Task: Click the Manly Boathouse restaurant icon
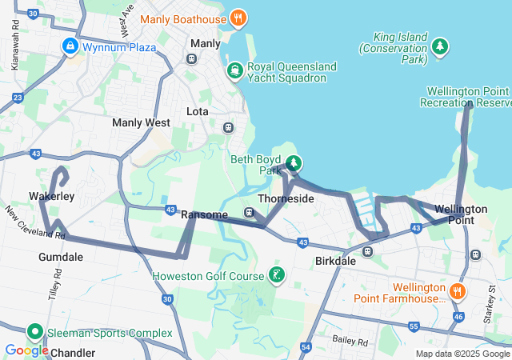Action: [x=238, y=18]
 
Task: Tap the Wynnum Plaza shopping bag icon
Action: [x=70, y=47]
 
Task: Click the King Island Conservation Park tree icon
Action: [x=439, y=48]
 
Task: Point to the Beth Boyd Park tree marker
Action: [x=294, y=164]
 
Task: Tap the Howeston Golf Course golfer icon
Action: [x=276, y=277]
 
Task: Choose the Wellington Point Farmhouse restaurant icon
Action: [x=457, y=290]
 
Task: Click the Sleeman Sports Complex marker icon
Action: [x=35, y=332]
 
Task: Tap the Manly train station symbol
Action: [x=192, y=58]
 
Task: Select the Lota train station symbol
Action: [x=228, y=127]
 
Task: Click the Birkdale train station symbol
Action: [x=368, y=252]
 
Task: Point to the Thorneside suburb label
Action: [x=286, y=198]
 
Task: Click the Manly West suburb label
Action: [x=141, y=123]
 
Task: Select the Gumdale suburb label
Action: [x=60, y=257]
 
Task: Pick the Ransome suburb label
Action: [x=205, y=214]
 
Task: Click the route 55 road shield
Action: [x=414, y=327]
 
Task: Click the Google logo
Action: [x=26, y=350]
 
